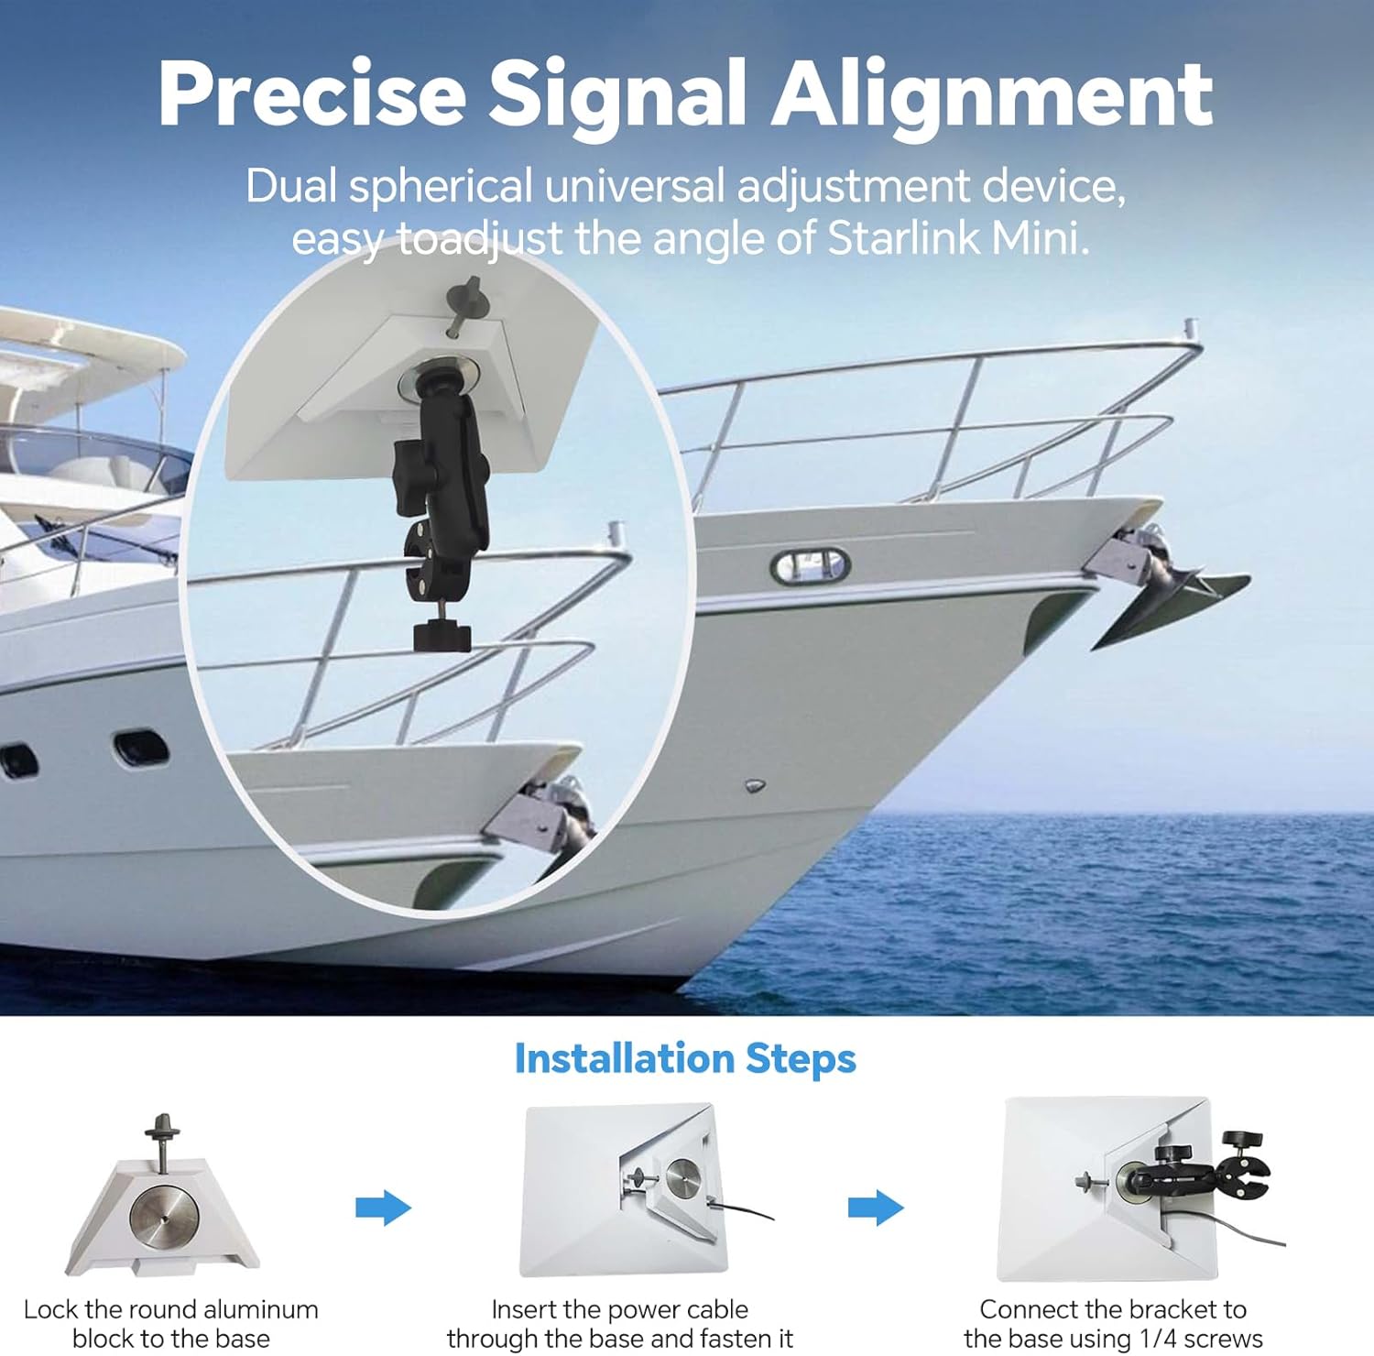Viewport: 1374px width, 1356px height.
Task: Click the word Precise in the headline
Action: (311, 93)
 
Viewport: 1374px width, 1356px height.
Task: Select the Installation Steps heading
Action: (685, 1058)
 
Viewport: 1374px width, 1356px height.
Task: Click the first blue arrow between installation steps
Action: (384, 1208)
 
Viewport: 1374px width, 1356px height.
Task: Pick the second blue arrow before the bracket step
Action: (877, 1208)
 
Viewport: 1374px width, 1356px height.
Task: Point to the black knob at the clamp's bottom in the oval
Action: (442, 635)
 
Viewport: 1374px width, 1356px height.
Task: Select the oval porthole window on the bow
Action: (811, 565)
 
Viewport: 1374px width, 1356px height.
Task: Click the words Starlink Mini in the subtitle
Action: (958, 238)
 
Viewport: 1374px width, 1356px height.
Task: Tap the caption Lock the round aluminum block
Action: (171, 1323)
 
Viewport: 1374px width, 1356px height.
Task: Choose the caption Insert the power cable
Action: (620, 1323)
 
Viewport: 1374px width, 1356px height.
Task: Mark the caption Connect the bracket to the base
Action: (1113, 1323)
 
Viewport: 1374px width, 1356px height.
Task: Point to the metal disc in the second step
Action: (684, 1178)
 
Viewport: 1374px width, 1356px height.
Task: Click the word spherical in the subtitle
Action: (441, 188)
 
